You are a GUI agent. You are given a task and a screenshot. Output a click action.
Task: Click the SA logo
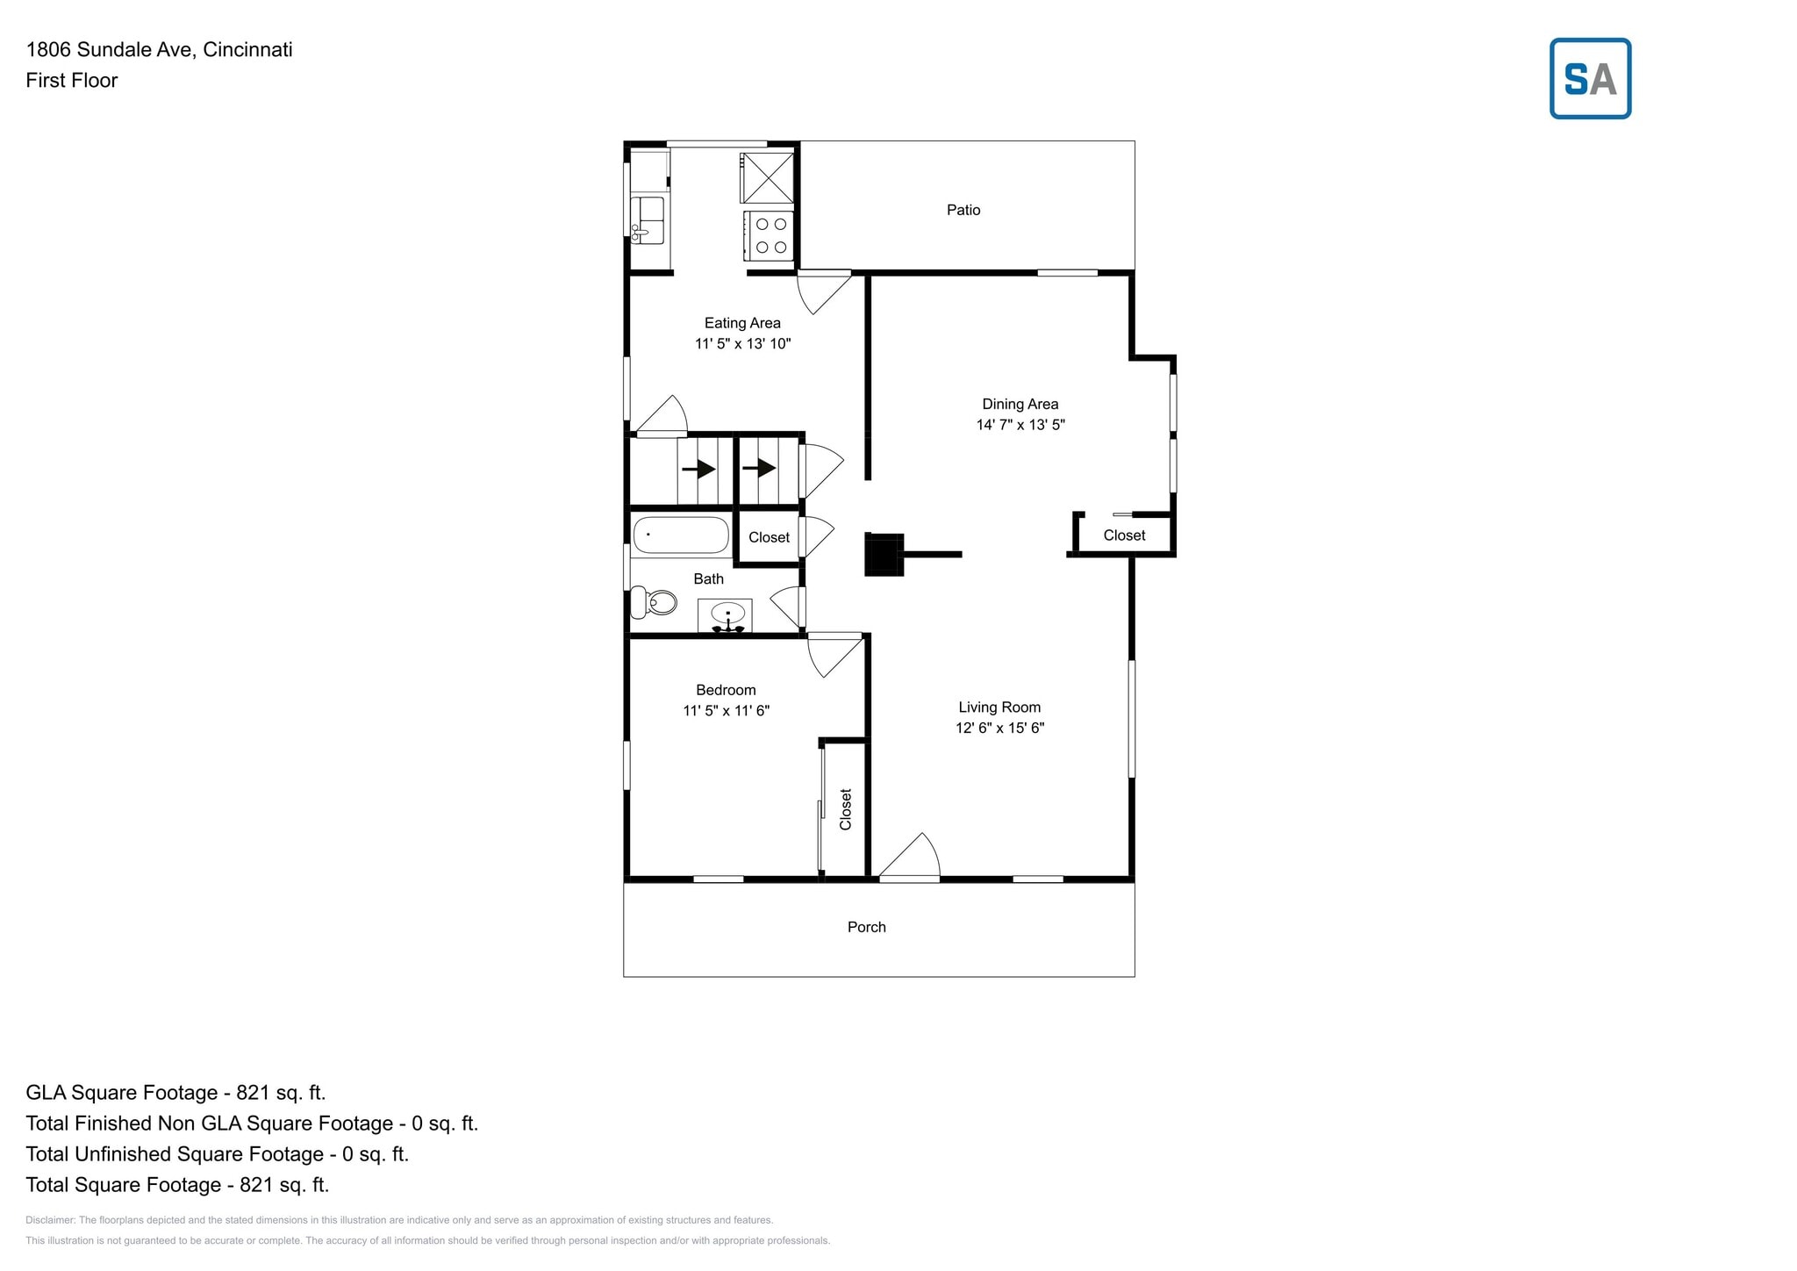click(1589, 79)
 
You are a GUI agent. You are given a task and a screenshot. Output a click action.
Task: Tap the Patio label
click(963, 210)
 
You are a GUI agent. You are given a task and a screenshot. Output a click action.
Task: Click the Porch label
click(866, 927)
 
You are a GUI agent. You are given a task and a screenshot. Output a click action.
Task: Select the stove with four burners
click(770, 235)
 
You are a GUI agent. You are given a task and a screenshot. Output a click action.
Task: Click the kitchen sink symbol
click(647, 219)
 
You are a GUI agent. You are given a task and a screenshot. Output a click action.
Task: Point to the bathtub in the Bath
click(681, 535)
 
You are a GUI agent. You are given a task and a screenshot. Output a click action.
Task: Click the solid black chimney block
click(884, 554)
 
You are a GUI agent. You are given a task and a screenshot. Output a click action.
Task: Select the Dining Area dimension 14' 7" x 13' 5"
click(1020, 425)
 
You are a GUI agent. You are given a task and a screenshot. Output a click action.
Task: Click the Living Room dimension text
click(999, 728)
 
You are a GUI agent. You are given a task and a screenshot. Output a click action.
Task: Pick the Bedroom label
click(726, 690)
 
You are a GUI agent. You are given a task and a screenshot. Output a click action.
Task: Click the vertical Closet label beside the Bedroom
click(845, 808)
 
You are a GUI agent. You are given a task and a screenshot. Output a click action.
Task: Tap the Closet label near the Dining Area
click(1123, 535)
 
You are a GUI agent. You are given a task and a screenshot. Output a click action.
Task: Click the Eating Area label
click(741, 323)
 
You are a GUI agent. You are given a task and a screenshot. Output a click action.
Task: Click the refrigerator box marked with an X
click(767, 178)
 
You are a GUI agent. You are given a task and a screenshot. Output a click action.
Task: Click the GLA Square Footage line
click(175, 1093)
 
